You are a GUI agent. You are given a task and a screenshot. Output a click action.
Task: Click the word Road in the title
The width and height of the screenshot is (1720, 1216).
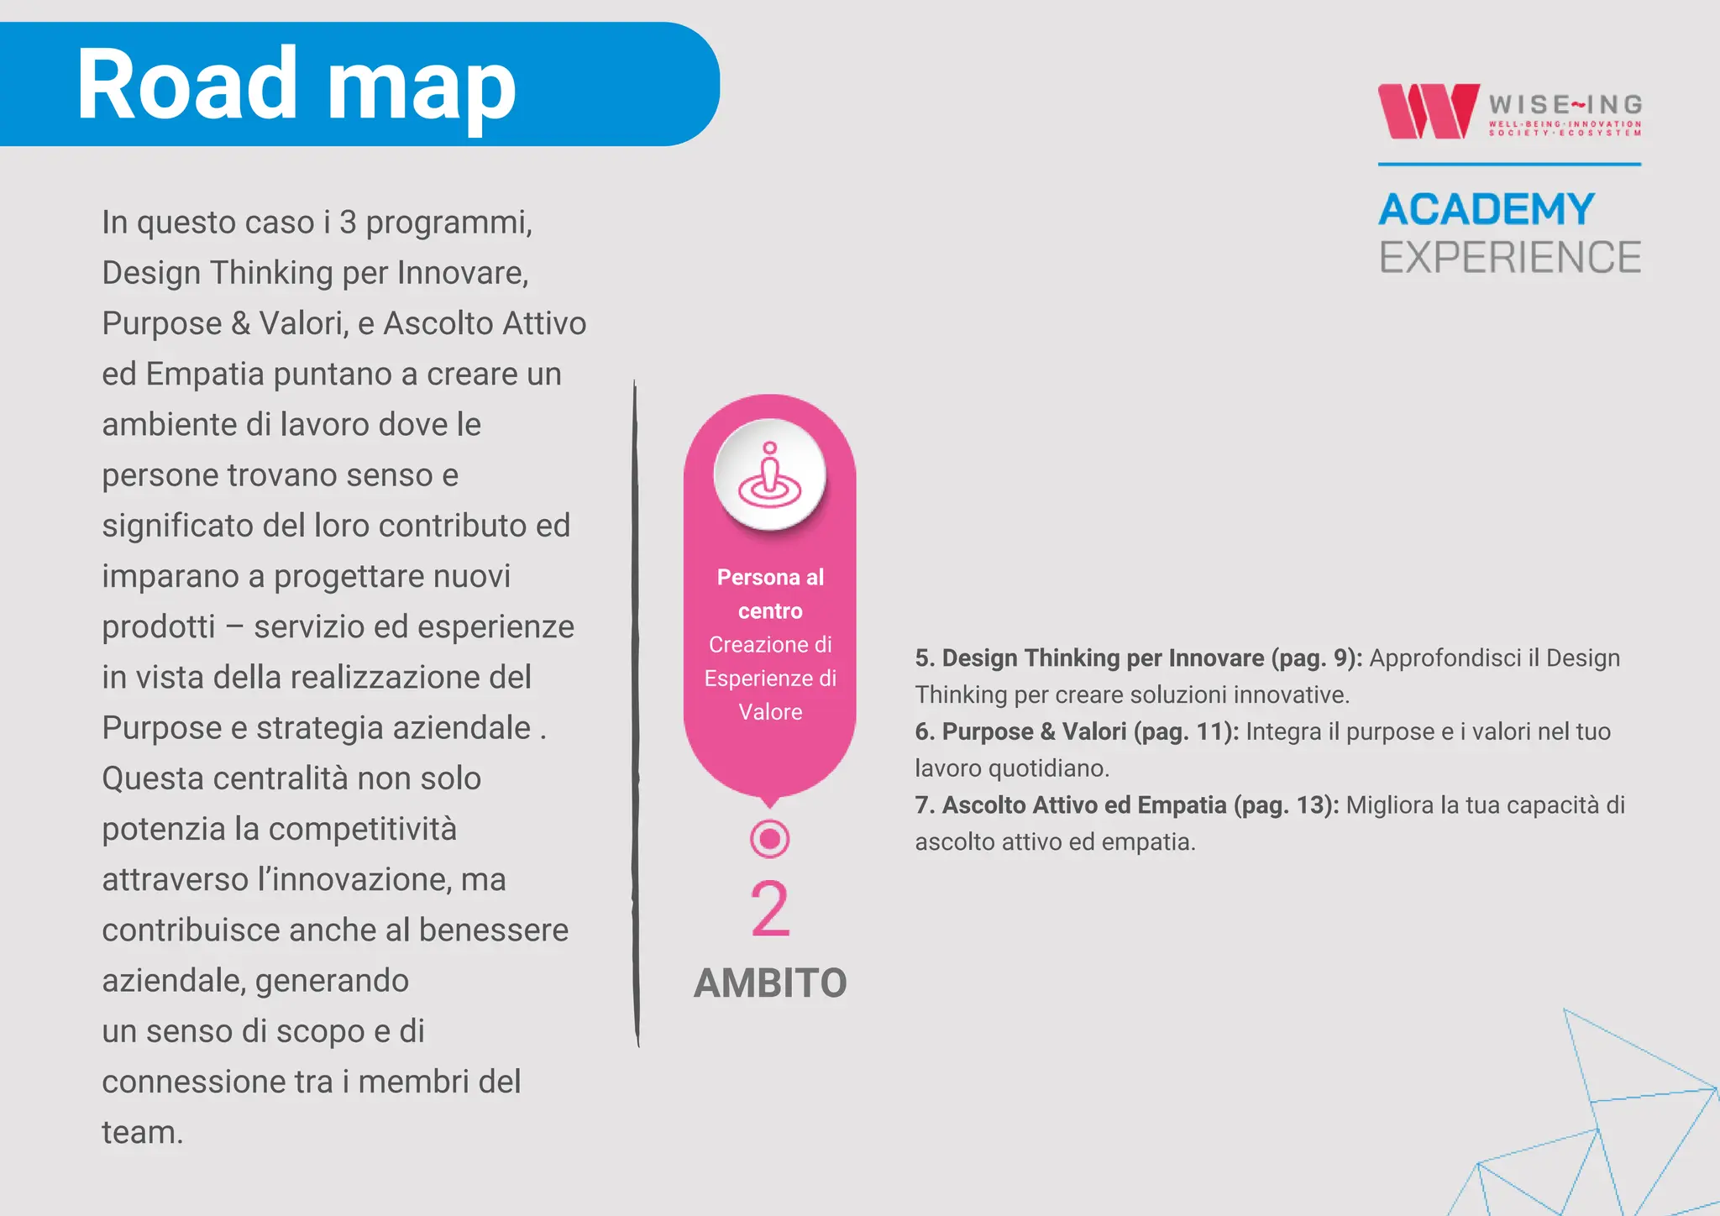click(186, 84)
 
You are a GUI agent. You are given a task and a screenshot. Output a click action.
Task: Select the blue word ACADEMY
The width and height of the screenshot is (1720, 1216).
click(1486, 209)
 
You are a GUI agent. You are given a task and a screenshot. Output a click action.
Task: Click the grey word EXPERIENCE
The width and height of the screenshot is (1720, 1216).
click(1509, 257)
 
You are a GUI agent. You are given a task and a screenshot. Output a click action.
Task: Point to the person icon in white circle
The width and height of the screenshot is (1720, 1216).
click(769, 474)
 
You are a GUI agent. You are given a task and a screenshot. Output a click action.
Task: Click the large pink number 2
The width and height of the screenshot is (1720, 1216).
click(769, 909)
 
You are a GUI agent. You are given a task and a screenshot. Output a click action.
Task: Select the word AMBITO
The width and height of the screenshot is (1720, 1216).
click(769, 983)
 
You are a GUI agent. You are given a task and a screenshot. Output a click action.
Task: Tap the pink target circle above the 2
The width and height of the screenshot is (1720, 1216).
click(769, 838)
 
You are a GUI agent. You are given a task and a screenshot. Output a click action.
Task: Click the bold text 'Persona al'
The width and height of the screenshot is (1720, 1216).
click(769, 577)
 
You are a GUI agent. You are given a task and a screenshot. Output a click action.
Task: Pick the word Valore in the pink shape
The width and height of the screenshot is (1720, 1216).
click(769, 712)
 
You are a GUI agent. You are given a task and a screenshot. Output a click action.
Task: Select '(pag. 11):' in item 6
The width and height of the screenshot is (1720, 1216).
click(1186, 731)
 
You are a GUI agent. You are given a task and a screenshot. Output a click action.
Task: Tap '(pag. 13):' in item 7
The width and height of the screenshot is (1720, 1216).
click(1286, 805)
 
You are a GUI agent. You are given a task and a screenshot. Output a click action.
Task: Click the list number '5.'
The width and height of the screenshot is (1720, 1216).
click(925, 658)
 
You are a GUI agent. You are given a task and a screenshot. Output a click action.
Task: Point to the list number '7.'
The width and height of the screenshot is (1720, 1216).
click(925, 805)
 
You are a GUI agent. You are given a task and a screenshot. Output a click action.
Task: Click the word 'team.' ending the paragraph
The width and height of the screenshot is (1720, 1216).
click(142, 1132)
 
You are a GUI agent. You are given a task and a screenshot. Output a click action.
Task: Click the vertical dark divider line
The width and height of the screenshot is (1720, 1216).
click(636, 714)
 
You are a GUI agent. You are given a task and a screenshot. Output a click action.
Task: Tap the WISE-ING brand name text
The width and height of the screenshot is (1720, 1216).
click(1565, 105)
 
